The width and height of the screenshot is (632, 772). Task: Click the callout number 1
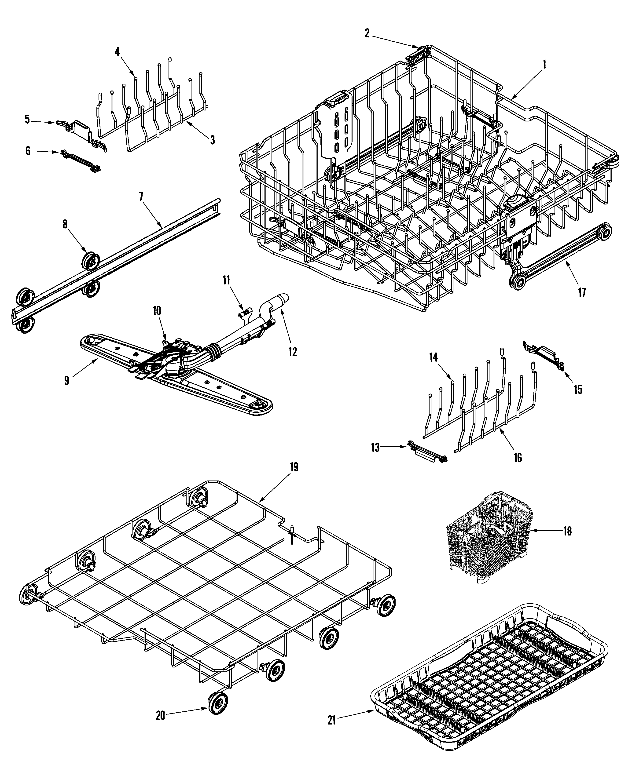545,65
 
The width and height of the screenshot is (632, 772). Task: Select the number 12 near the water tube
292,351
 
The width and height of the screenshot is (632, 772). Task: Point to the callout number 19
294,467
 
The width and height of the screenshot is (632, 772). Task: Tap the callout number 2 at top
367,33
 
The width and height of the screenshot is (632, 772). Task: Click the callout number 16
518,458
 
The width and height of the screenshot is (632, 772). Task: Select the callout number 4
117,52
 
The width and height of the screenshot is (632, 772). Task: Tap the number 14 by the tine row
433,357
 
